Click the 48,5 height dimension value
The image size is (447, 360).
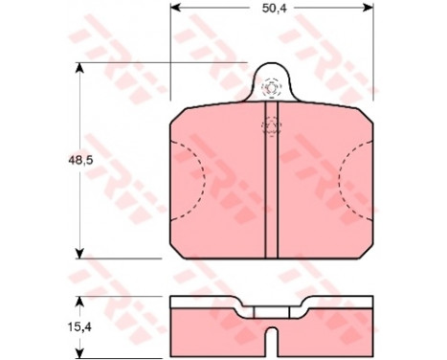click(80, 161)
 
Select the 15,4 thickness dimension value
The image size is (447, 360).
click(79, 326)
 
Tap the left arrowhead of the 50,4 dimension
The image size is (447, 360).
click(175, 8)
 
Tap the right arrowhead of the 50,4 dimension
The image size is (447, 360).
click(368, 8)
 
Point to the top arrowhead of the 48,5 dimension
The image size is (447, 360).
click(79, 68)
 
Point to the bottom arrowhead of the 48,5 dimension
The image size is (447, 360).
click(79, 254)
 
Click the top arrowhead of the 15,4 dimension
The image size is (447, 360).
click(79, 302)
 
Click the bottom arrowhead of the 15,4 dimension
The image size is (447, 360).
click(79, 351)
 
